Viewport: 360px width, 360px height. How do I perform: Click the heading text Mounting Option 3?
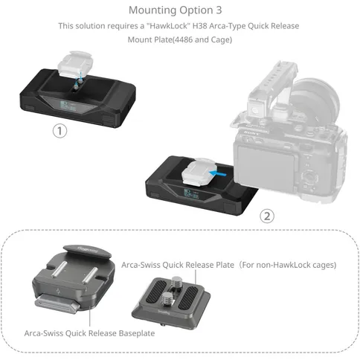coord(179,10)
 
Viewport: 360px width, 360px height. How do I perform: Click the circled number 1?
coord(60,131)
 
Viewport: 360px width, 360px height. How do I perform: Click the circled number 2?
coord(266,216)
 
